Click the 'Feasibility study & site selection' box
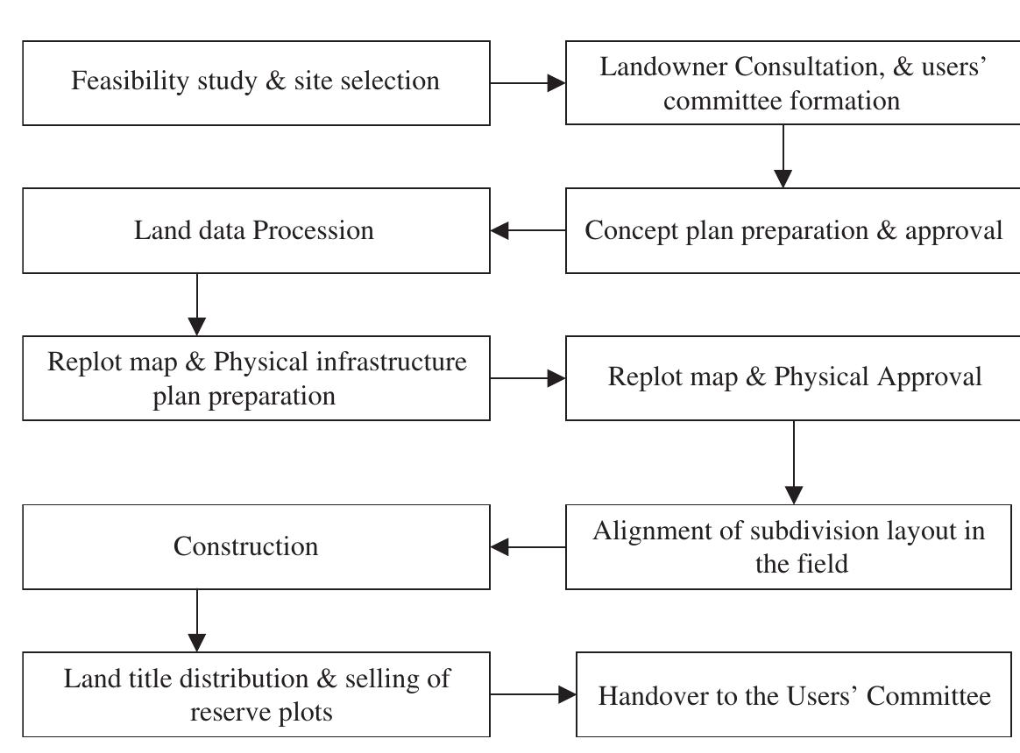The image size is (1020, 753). point(256,82)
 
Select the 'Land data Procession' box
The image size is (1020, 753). point(256,230)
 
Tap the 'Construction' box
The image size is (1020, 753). point(256,546)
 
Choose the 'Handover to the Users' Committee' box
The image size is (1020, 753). point(794,695)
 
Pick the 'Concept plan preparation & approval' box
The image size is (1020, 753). point(794,230)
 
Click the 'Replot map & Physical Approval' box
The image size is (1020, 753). point(794,377)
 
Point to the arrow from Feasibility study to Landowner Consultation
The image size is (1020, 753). point(528,83)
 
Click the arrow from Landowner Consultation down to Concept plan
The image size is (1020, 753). point(783,156)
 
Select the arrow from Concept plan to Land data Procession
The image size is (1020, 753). point(528,231)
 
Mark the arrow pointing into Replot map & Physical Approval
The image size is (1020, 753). point(528,378)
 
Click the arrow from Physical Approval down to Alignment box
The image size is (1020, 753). point(794,461)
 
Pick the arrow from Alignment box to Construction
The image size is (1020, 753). point(528,547)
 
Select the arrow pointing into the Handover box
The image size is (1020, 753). point(533,695)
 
